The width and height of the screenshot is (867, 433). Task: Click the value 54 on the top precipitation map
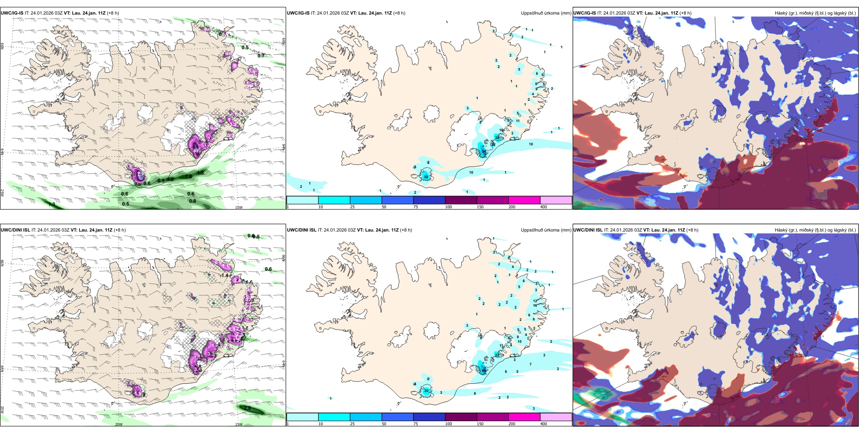point(484,151)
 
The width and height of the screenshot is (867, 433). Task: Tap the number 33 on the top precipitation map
point(426,177)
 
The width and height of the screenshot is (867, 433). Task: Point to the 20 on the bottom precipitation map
point(426,391)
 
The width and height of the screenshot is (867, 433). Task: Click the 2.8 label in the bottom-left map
point(248,408)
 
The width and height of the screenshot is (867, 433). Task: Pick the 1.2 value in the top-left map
point(170,180)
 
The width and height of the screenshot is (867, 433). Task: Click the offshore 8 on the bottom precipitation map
point(475,393)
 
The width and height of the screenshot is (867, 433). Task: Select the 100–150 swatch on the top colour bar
point(460,200)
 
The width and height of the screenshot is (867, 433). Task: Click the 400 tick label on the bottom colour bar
point(543,424)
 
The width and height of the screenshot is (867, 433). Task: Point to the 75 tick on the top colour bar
point(415,207)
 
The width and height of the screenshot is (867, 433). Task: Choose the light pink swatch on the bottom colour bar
point(555,417)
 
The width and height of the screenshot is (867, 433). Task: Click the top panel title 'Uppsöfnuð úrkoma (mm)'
point(546,13)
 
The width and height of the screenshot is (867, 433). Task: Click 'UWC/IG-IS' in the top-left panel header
point(12,13)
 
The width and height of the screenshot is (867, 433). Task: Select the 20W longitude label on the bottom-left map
point(119,424)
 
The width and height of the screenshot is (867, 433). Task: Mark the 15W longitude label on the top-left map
point(239,207)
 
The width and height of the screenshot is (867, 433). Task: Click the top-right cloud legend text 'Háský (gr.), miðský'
point(794,13)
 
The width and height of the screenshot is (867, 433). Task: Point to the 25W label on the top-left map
point(2,192)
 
